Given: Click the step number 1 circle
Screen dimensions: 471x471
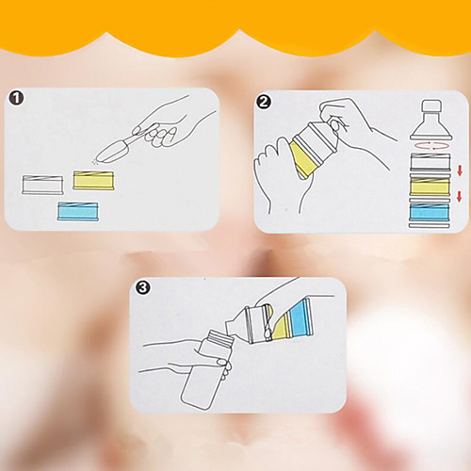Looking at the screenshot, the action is pyautogui.click(x=16, y=98).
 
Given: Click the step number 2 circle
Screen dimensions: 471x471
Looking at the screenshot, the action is pyautogui.click(x=264, y=102).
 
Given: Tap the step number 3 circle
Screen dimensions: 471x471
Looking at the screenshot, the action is pyautogui.click(x=143, y=287).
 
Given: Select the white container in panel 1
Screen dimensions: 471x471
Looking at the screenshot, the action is pyautogui.click(x=42, y=185).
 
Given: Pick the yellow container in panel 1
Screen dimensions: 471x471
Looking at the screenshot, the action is pyautogui.click(x=94, y=180).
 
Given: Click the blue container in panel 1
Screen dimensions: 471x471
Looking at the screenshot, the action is pyautogui.click(x=78, y=211).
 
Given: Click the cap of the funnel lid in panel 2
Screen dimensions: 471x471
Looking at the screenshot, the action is pyautogui.click(x=430, y=107).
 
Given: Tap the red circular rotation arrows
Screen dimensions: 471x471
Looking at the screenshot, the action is pyautogui.click(x=430, y=146).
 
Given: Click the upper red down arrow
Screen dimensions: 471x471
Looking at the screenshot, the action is pyautogui.click(x=460, y=171).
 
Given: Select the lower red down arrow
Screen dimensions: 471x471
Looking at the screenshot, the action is pyautogui.click(x=460, y=196).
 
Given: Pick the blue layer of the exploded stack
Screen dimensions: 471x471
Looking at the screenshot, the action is pyautogui.click(x=430, y=212).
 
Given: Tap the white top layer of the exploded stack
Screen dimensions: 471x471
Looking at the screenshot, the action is pyautogui.click(x=430, y=162).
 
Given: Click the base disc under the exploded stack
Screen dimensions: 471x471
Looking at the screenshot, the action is pyautogui.click(x=430, y=225).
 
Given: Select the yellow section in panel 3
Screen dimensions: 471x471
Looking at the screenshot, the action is pyautogui.click(x=281, y=327).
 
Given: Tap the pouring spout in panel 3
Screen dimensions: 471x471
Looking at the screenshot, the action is pyautogui.click(x=235, y=322).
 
